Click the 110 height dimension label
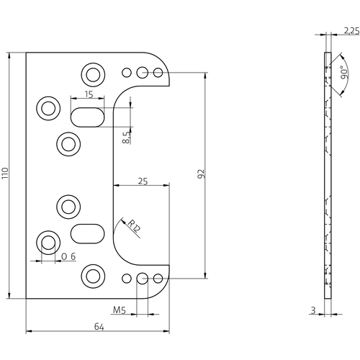(x=6, y=174)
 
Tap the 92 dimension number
(x=202, y=174)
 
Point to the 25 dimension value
(x=143, y=182)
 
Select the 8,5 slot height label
(x=127, y=137)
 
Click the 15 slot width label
(x=88, y=94)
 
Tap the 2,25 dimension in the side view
(x=352, y=31)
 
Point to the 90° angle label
(x=345, y=74)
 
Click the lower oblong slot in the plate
(x=86, y=233)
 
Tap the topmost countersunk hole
(x=93, y=73)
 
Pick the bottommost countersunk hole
(x=93, y=274)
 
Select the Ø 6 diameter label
(x=69, y=257)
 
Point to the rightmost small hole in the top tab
(x=157, y=72)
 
